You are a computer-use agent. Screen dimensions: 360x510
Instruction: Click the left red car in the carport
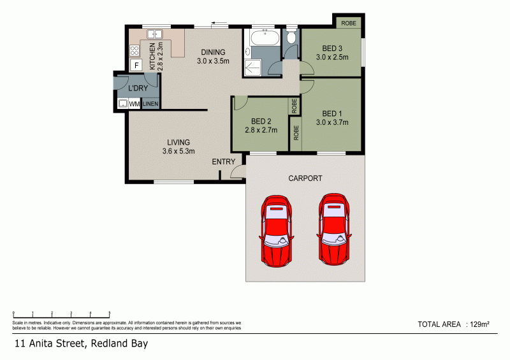[275, 230]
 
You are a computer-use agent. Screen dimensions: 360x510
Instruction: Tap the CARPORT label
[305, 178]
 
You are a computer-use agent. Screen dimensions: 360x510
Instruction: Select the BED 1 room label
[331, 119]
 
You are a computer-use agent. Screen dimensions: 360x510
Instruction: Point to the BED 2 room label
[261, 126]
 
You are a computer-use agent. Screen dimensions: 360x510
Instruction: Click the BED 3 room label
[331, 52]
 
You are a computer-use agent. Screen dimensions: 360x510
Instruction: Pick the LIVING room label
[178, 147]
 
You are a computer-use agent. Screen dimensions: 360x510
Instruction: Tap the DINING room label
[213, 57]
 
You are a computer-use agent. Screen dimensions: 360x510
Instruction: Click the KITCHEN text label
[152, 56]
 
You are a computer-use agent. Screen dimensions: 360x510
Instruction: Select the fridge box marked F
[136, 64]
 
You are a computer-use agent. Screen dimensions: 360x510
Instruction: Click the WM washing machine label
[135, 103]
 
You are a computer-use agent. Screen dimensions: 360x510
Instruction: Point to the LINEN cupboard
[150, 103]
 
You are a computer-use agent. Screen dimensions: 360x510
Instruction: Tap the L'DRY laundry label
[138, 88]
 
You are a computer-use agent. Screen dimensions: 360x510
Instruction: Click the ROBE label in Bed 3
[349, 23]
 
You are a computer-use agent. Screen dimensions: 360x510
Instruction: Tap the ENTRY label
[224, 162]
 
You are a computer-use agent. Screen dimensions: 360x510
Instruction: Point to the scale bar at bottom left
[62, 313]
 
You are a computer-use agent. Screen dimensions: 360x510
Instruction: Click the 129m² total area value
[479, 324]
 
